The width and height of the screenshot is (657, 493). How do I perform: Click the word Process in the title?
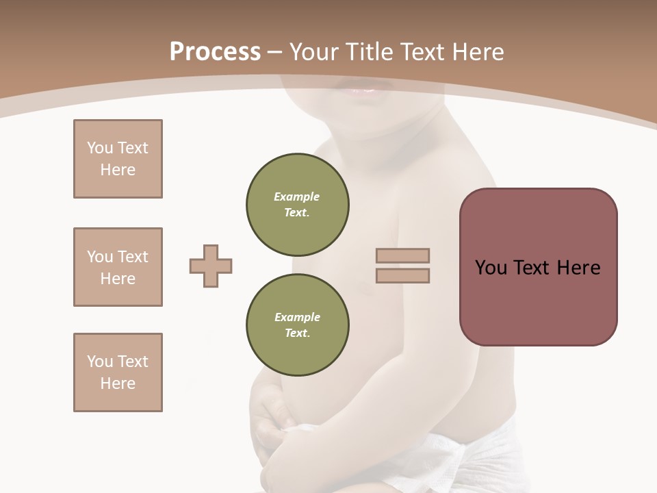pos(215,52)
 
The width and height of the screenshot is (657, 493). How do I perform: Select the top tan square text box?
pos(118,159)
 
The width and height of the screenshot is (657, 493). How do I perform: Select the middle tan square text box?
pos(118,267)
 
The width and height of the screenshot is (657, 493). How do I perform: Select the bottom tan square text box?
pos(118,372)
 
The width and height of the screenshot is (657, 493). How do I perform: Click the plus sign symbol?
pos(211,266)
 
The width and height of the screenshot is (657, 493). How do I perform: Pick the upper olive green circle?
pos(298,205)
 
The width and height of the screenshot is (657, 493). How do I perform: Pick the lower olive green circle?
pos(298,325)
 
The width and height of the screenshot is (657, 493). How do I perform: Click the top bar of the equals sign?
pos(402,256)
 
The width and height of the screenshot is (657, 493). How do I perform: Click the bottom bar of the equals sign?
pos(402,276)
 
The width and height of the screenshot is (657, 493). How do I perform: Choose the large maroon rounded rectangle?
pos(538,301)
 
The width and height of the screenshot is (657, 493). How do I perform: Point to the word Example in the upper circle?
pos(297,197)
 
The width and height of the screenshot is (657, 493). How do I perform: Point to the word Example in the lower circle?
pos(297,317)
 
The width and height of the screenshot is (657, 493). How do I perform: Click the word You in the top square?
pos(100,148)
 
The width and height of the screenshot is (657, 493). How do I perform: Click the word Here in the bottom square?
pos(118,383)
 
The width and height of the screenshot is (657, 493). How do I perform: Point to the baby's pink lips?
pos(363,90)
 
